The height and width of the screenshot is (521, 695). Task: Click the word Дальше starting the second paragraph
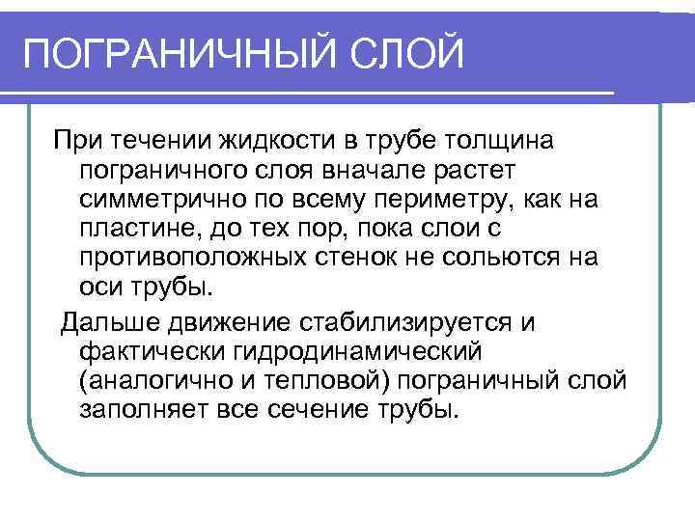coord(108,321)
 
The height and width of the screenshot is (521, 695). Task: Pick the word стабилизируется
coord(437,321)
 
